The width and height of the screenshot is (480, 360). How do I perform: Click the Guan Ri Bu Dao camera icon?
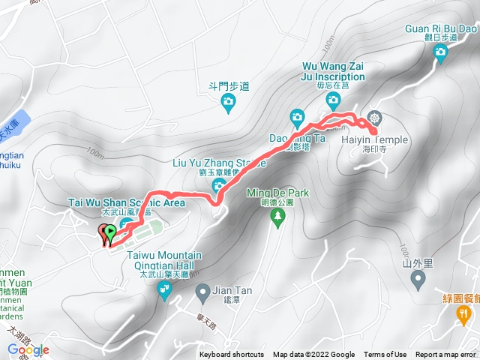pyautogui.click(x=440, y=51)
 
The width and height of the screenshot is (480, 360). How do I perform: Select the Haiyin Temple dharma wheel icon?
pyautogui.click(x=373, y=120)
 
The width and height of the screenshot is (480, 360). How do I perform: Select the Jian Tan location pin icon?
pyautogui.click(x=202, y=290)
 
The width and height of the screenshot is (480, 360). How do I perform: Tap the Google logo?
pyautogui.click(x=28, y=349)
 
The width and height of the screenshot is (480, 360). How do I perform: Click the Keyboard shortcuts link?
pyautogui.click(x=232, y=355)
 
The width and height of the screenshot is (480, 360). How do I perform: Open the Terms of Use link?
pyautogui.click(x=385, y=355)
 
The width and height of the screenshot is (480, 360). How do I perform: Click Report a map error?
pyautogui.click(x=446, y=355)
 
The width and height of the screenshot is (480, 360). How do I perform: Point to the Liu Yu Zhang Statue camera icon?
pyautogui.click(x=219, y=185)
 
